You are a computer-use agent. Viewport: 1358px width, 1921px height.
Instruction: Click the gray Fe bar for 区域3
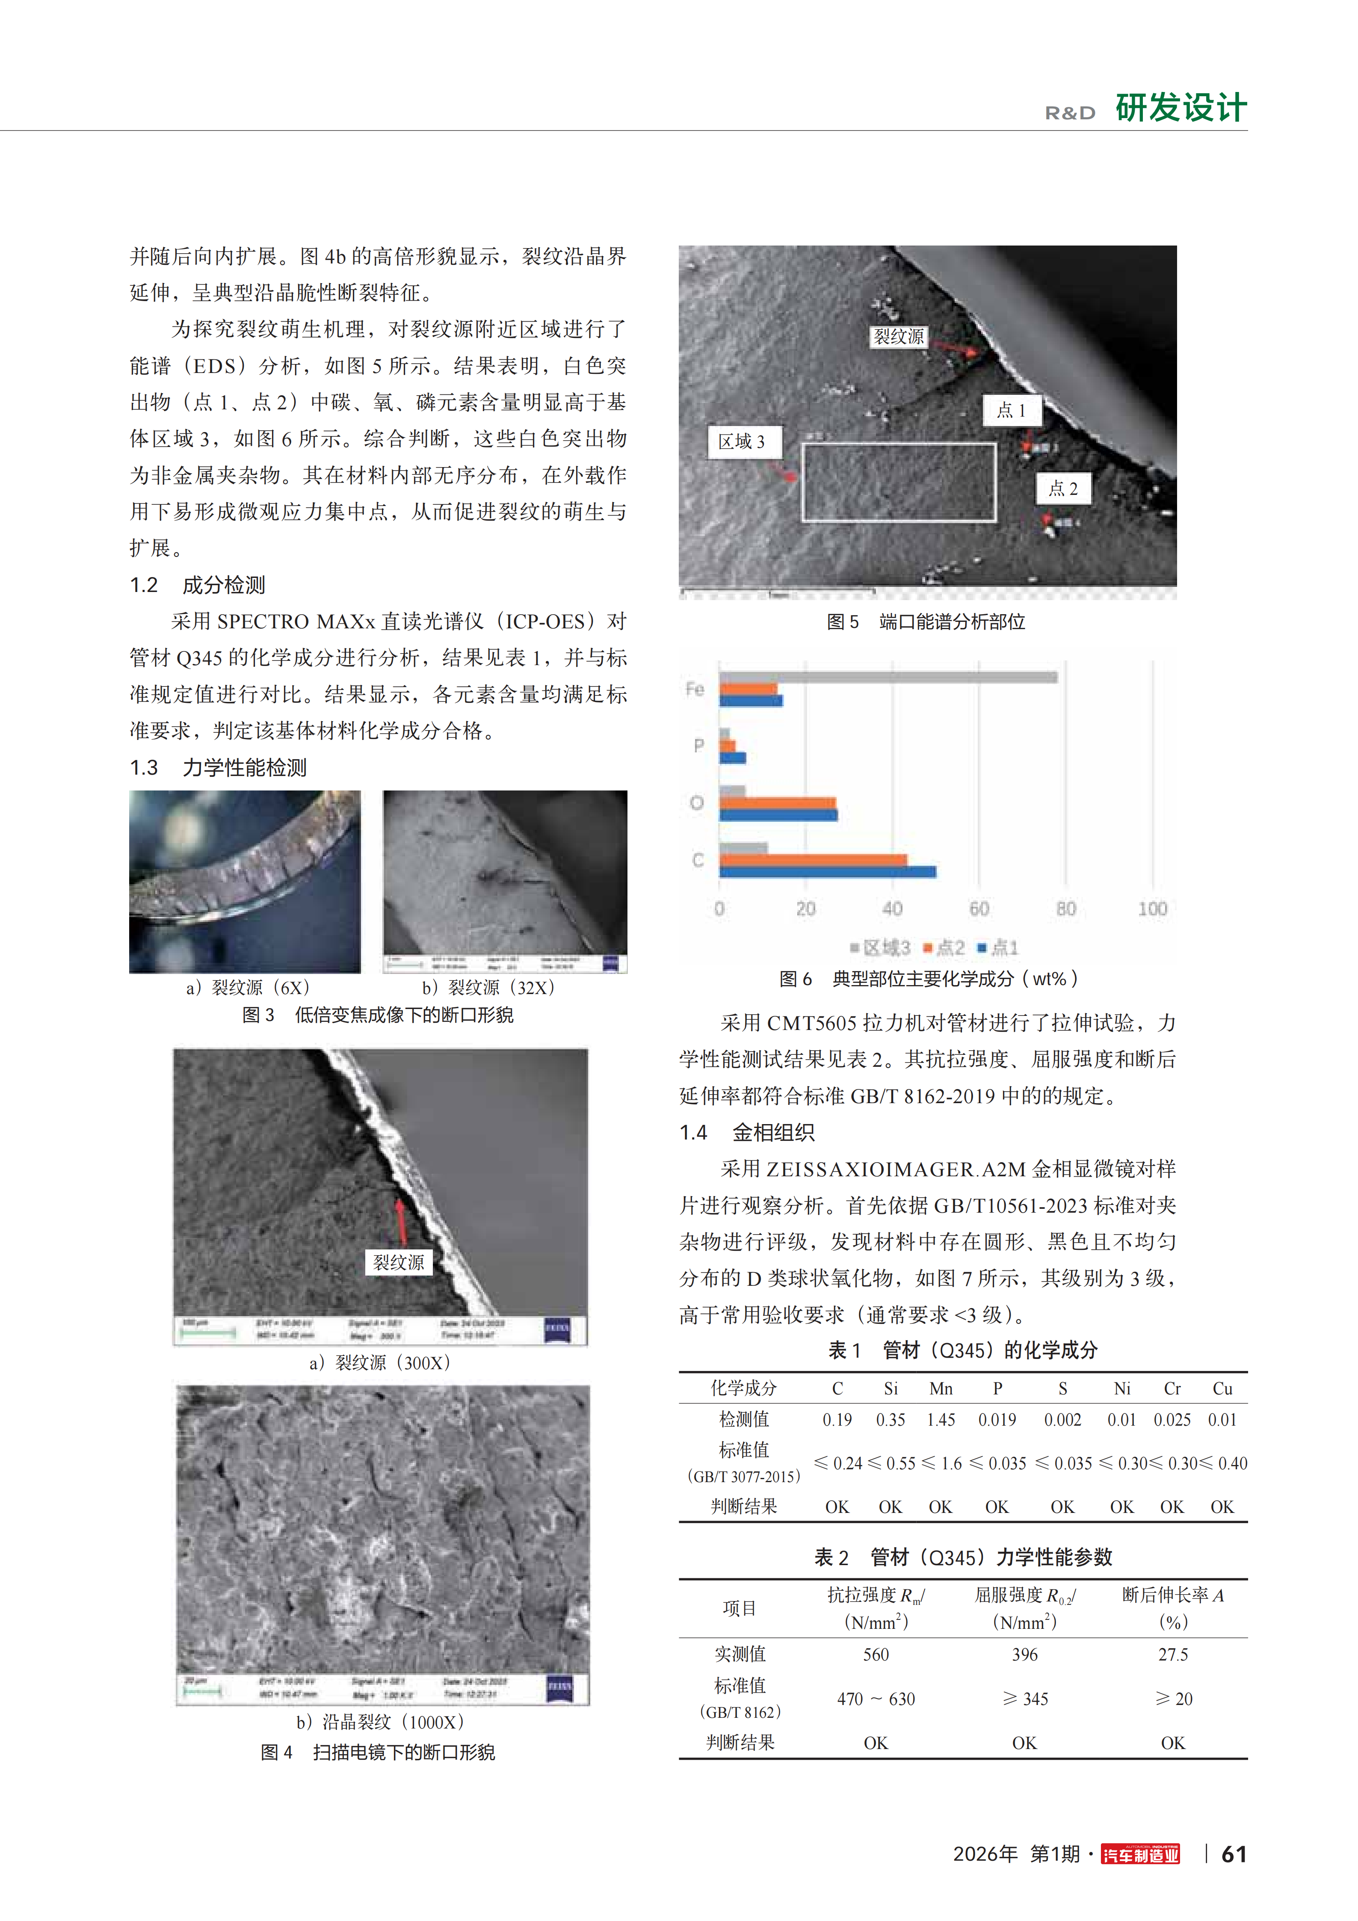[887, 677]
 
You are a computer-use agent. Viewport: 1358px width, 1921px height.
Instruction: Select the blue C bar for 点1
[827, 872]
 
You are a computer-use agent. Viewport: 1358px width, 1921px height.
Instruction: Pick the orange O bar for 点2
[776, 803]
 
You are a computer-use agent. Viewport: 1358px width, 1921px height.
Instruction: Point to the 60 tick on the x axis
[979, 909]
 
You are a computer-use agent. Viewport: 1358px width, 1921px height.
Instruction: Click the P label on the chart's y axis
[698, 746]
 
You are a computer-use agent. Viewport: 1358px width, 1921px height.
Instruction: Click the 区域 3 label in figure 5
[741, 442]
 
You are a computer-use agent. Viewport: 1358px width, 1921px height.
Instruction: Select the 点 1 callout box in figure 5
[1011, 410]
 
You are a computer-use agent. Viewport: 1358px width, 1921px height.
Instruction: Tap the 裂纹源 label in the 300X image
[398, 1263]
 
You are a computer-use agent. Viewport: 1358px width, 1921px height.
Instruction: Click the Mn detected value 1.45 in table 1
[941, 1420]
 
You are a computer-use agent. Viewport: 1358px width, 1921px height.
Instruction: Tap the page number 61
[1234, 1854]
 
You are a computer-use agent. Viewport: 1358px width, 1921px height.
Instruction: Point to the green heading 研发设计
[1180, 108]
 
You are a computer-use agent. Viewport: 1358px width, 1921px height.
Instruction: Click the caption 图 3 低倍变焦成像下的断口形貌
[377, 1015]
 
